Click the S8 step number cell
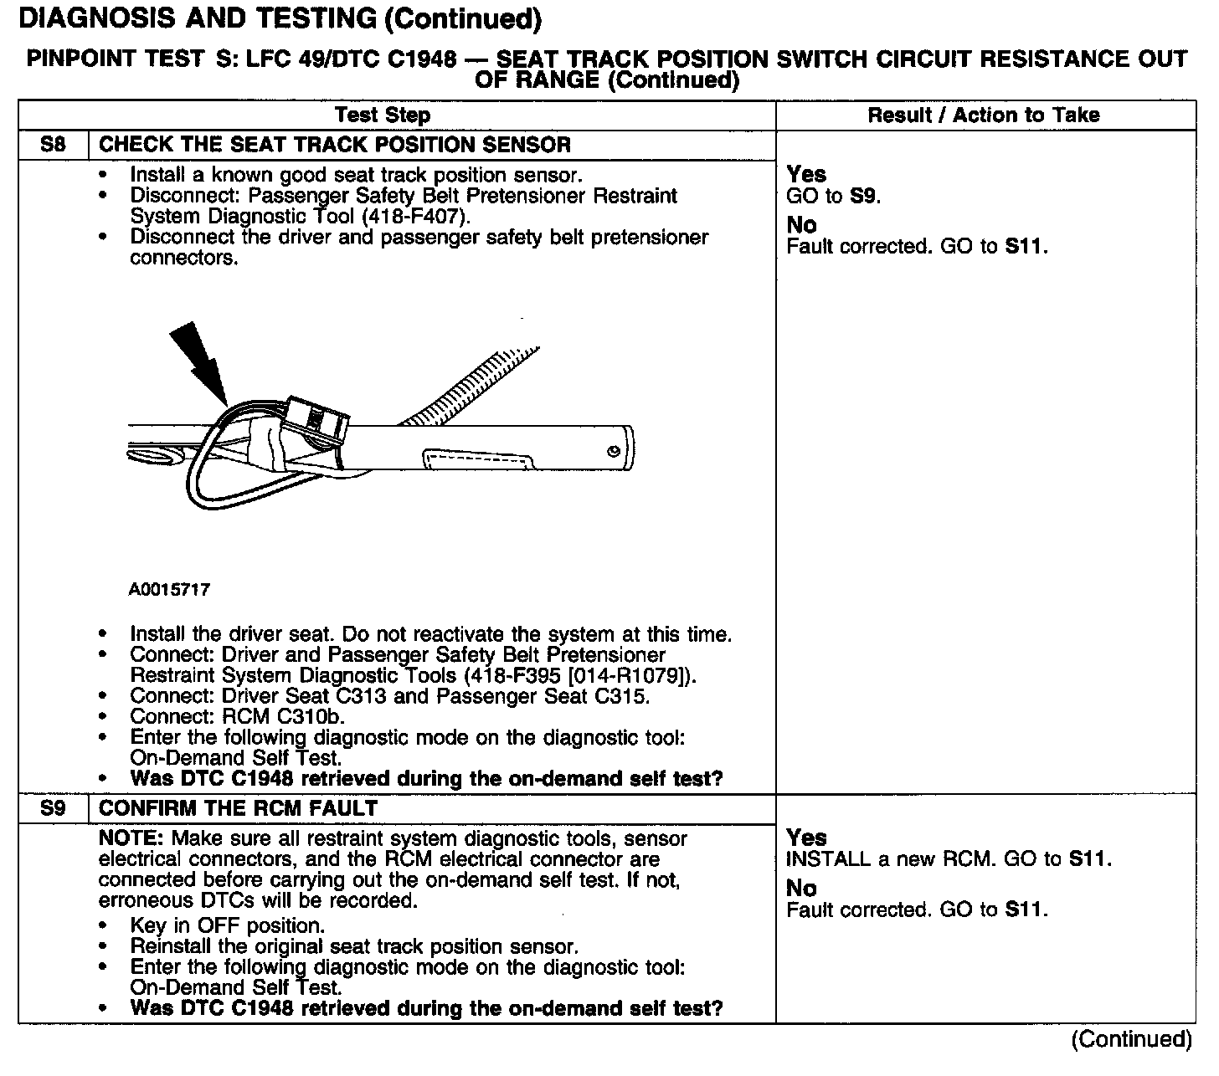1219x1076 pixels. pos(53,145)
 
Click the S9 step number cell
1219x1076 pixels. pos(53,808)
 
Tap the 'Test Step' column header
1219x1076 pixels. pos(383,115)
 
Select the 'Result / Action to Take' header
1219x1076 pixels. pos(984,115)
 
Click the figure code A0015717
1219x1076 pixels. pos(169,590)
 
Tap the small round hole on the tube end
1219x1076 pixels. pos(614,451)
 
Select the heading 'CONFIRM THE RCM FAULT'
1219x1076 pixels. pos(238,808)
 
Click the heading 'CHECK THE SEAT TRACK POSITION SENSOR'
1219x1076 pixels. pos(335,145)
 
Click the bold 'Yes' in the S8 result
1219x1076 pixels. pos(806,174)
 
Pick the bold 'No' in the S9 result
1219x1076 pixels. pos(801,889)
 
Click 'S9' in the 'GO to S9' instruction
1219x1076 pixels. pos(864,196)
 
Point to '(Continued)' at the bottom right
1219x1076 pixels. pos(1130,1039)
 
